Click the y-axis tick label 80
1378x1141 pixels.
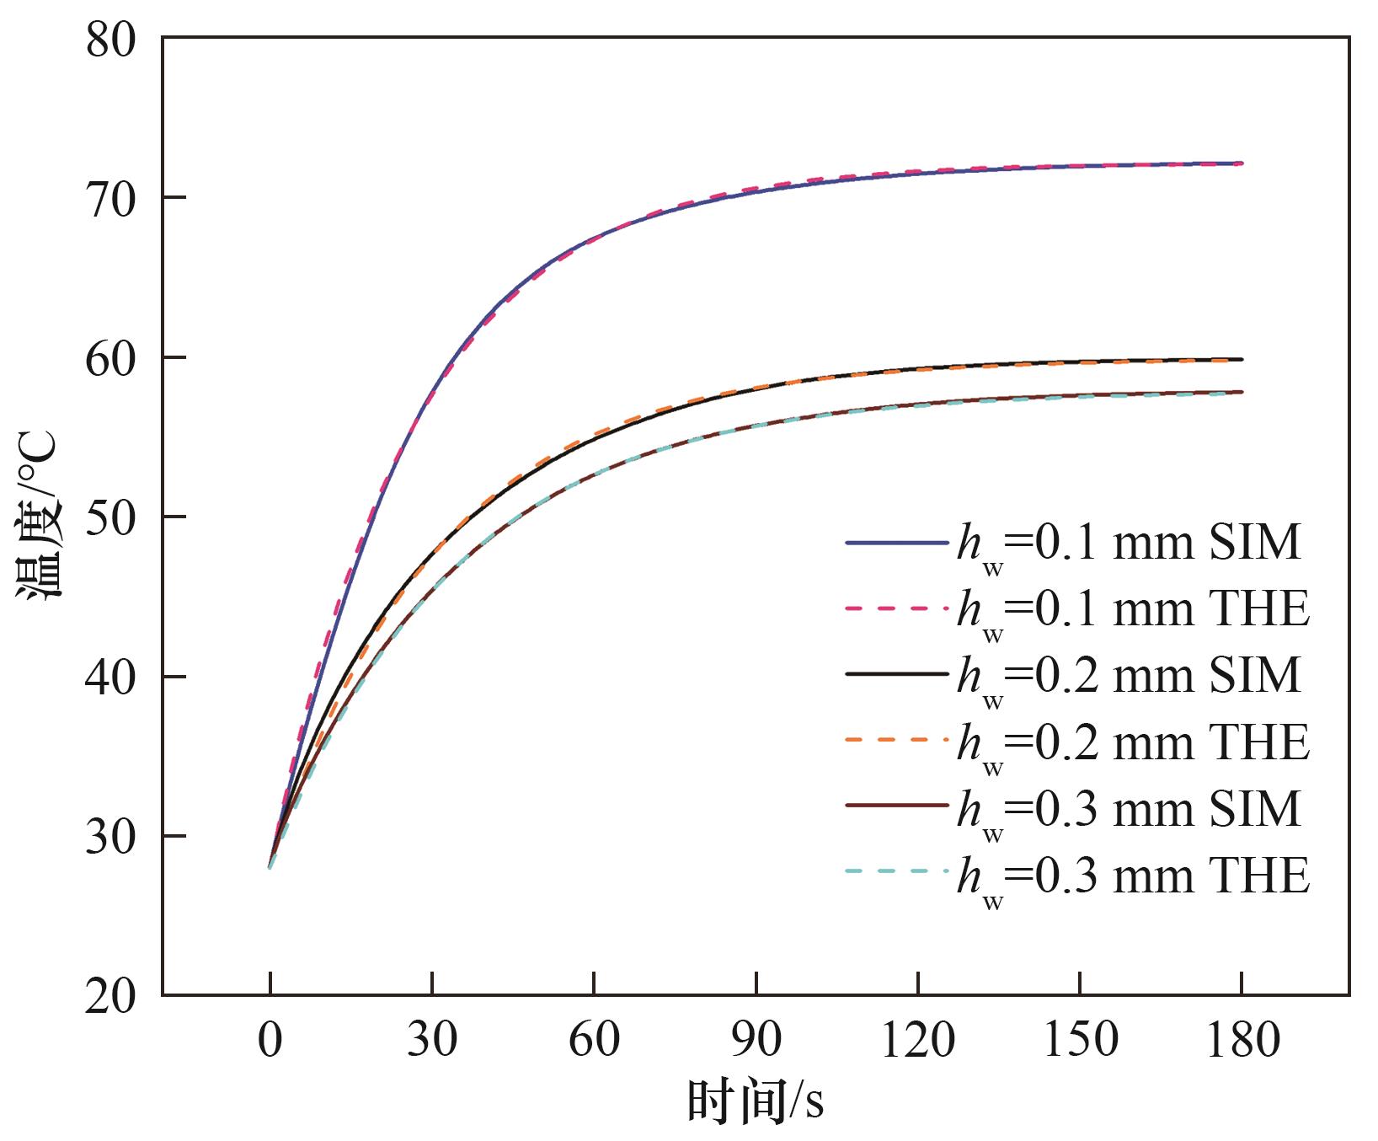pyautogui.click(x=110, y=40)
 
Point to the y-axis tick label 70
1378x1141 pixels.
pyautogui.click(x=110, y=199)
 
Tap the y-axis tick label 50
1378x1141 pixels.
pyautogui.click(x=110, y=517)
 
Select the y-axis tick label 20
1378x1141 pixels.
pyautogui.click(x=110, y=996)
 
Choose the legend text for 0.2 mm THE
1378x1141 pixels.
pyautogui.click(x=1133, y=742)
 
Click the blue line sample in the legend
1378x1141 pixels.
pyautogui.click(x=896, y=544)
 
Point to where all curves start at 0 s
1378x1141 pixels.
pyautogui.click(x=270, y=865)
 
